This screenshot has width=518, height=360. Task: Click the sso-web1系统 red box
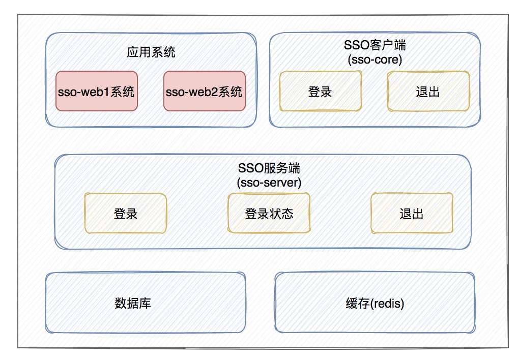[97, 92]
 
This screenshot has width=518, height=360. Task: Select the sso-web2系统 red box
[204, 92]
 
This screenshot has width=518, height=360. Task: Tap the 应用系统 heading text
[151, 52]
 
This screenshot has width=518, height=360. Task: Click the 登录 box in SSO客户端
[321, 92]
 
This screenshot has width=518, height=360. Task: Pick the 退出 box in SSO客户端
[428, 92]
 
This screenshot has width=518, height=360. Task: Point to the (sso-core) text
[375, 60]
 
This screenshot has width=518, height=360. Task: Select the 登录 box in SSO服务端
[126, 214]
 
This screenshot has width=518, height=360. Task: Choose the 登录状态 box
[269, 214]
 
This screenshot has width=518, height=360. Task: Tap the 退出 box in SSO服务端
[412, 214]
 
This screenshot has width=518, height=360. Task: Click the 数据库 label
[133, 304]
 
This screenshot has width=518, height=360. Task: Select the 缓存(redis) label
[375, 304]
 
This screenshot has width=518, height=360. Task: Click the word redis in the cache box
[387, 304]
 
